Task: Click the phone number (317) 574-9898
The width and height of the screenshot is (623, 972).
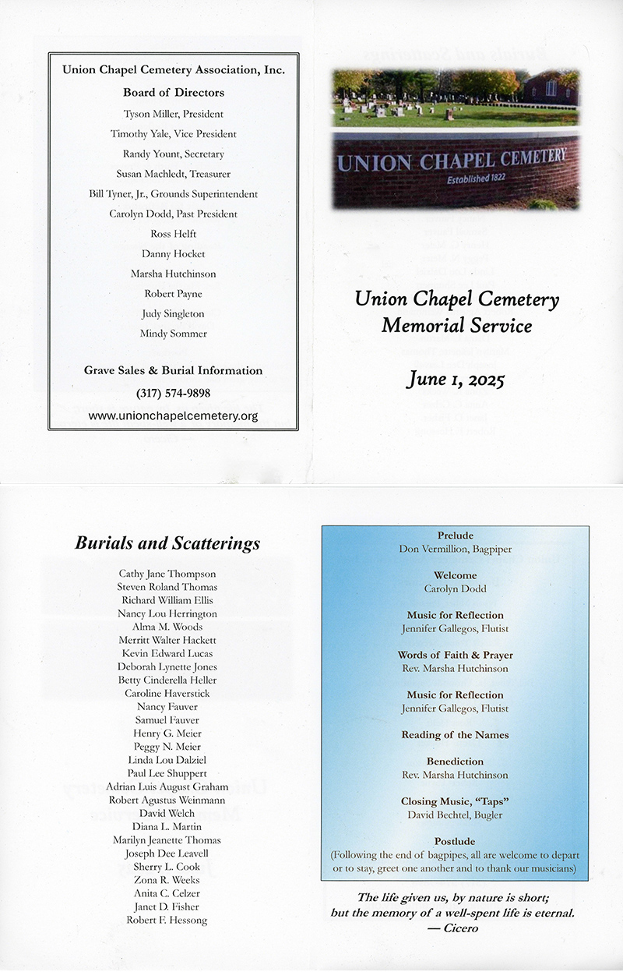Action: (x=173, y=393)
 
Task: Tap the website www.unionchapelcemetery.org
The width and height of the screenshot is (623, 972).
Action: (x=173, y=416)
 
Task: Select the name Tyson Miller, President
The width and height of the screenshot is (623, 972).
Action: (x=173, y=114)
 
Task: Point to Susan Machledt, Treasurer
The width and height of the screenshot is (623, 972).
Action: (x=173, y=174)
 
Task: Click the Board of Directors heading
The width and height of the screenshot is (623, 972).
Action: (x=173, y=93)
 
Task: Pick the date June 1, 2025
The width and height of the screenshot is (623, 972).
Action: (x=456, y=380)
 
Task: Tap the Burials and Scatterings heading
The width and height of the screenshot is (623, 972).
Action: (x=167, y=543)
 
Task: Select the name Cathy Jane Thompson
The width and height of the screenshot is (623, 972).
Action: (x=167, y=574)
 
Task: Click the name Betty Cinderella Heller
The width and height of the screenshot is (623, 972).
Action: (x=167, y=680)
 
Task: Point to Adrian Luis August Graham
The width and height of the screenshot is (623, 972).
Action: (x=167, y=786)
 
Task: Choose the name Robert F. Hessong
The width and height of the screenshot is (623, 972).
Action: (x=167, y=920)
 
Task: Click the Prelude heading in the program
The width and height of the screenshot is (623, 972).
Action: (x=456, y=536)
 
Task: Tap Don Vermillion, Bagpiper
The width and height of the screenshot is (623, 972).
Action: (x=456, y=550)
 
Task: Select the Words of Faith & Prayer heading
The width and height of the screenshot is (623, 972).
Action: (x=456, y=656)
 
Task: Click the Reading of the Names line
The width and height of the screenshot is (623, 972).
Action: (x=456, y=735)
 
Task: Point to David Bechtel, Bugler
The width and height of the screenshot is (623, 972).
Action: (x=456, y=815)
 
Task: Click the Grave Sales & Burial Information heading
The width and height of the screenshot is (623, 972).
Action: (x=173, y=371)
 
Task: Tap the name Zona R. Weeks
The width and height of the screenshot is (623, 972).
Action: (x=167, y=880)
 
